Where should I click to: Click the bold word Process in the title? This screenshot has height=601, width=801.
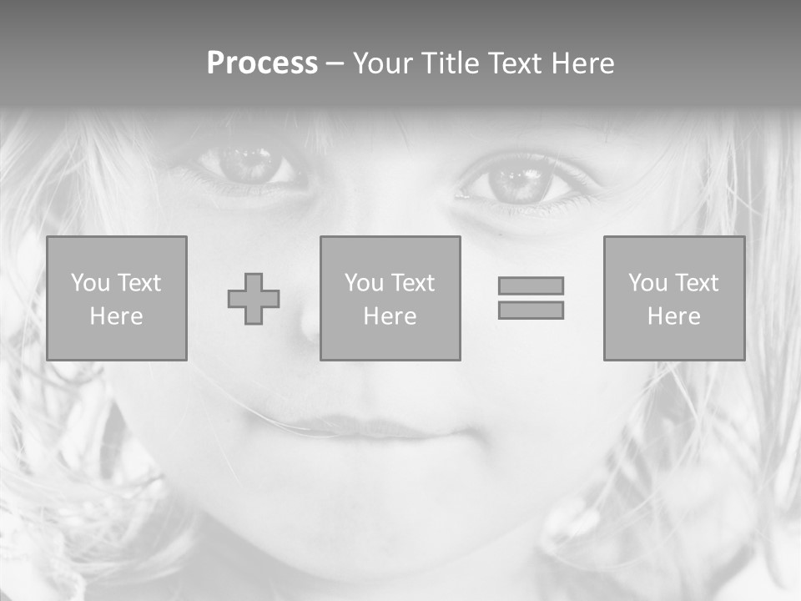[x=262, y=63]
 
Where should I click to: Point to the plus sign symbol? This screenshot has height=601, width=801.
[x=254, y=299]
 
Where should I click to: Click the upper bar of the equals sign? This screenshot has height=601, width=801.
[x=531, y=285]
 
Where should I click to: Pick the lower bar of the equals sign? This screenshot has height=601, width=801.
[x=531, y=310]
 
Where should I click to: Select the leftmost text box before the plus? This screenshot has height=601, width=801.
[x=117, y=298]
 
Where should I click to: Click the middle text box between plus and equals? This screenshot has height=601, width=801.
[x=390, y=298]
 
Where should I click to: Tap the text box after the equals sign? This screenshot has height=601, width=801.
[x=674, y=298]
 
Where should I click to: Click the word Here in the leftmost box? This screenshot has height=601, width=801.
[x=117, y=316]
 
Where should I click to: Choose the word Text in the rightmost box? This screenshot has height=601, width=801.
[x=696, y=283]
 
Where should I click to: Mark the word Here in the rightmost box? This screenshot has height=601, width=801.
[x=674, y=316]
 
